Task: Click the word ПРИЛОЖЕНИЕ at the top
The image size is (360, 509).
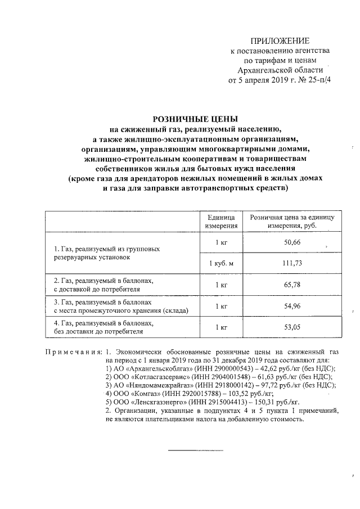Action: click(280, 41)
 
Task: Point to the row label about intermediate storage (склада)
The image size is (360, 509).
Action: click(120, 310)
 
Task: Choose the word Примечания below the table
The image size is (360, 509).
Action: click(73, 352)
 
